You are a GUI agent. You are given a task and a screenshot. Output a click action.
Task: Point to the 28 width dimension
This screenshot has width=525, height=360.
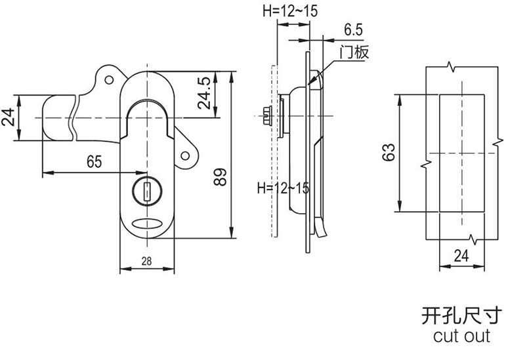pyautogui.click(x=146, y=261)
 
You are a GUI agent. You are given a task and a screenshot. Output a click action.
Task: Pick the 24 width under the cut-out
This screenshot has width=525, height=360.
pyautogui.click(x=462, y=256)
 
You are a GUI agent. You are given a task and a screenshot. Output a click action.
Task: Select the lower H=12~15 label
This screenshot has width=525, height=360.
pyautogui.click(x=283, y=188)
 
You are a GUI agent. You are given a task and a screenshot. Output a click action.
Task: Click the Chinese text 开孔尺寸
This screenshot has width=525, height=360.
pyautogui.click(x=462, y=315)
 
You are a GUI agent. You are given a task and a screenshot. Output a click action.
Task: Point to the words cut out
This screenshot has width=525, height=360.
pyautogui.click(x=462, y=336)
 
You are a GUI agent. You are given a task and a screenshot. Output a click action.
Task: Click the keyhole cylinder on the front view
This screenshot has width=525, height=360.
pyautogui.click(x=146, y=192)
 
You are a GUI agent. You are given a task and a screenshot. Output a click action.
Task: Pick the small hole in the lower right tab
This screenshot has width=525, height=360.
pyautogui.click(x=186, y=156)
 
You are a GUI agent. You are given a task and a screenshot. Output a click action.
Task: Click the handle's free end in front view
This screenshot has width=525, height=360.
pyautogui.click(x=56, y=118)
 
